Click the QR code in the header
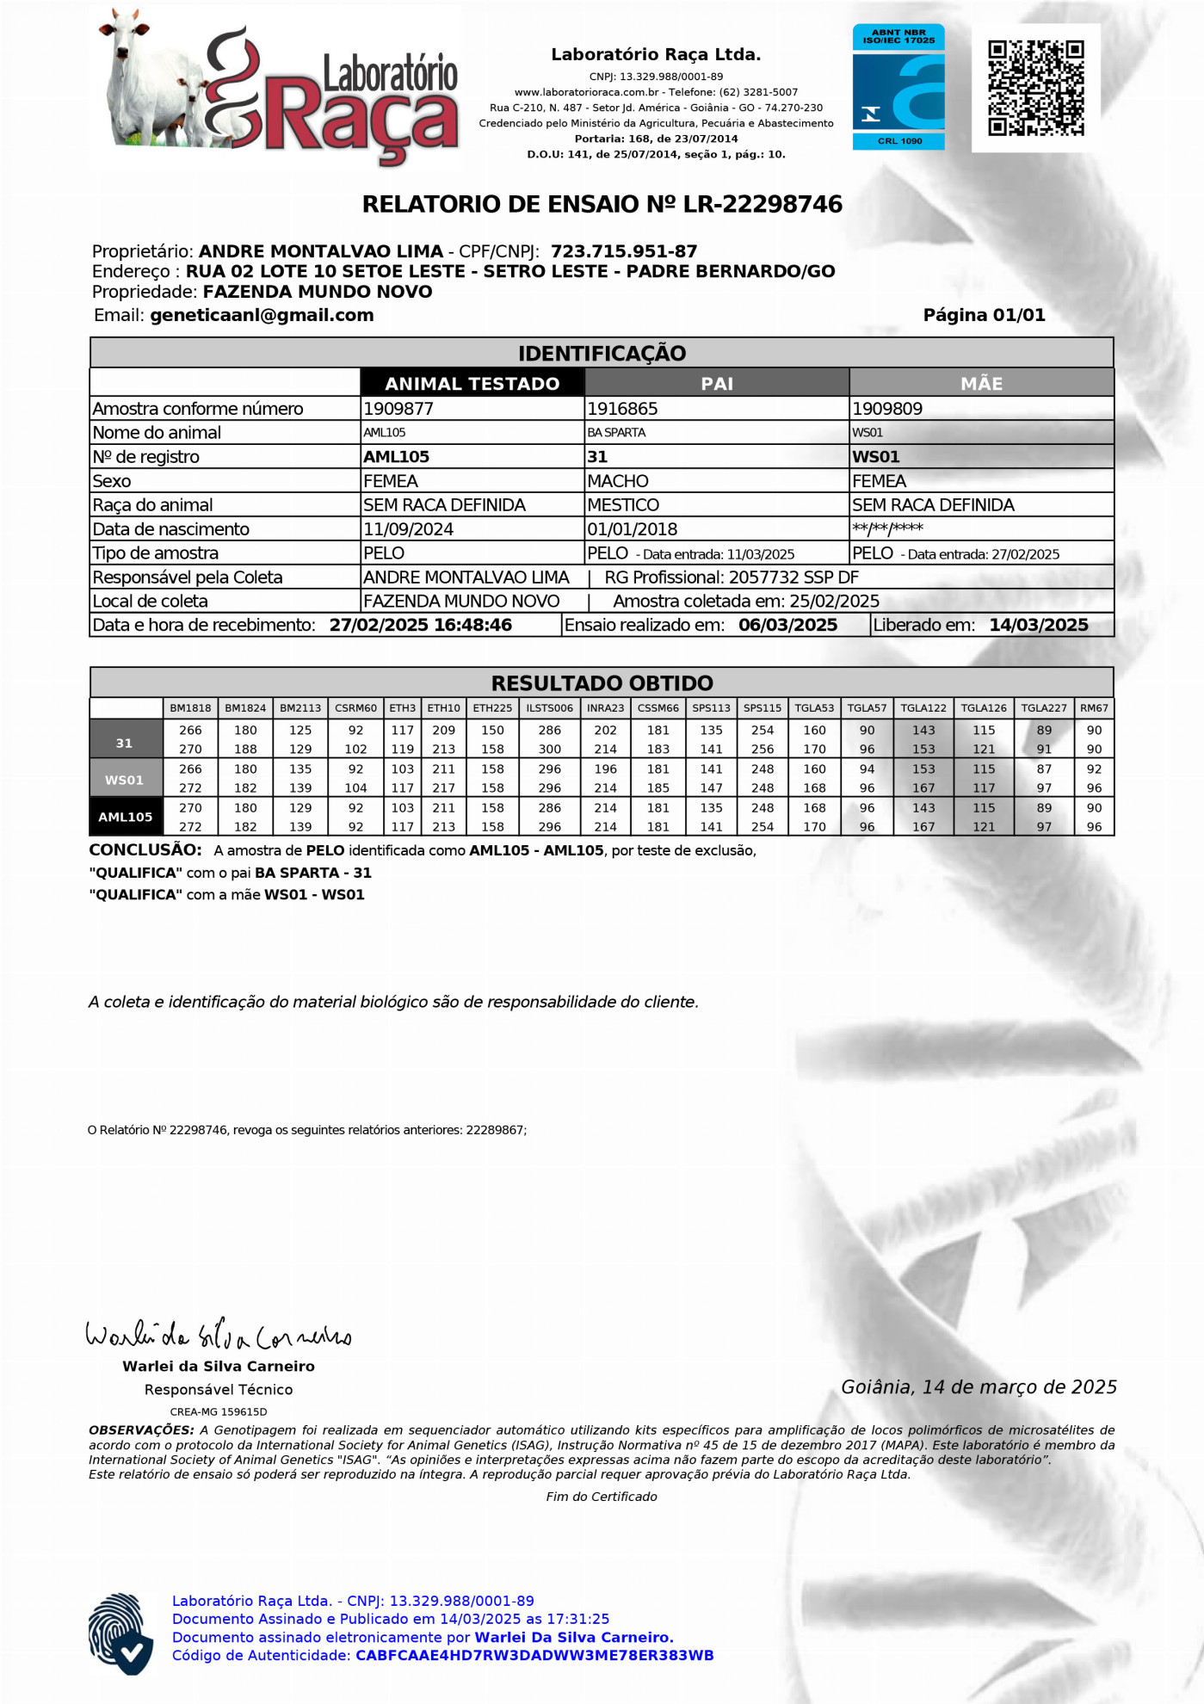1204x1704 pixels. (1035, 88)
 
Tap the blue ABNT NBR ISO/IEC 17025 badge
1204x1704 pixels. (898, 87)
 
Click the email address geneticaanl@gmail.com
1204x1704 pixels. (262, 316)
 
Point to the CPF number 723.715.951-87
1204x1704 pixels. (624, 252)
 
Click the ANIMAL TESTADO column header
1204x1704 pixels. (472, 384)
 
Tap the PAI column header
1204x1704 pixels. (716, 384)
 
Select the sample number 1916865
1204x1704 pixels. (622, 409)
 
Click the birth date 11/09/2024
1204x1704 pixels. (408, 529)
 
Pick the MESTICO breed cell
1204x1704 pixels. (623, 505)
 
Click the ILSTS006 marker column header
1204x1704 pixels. (549, 708)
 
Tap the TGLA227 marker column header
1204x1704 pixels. (1043, 708)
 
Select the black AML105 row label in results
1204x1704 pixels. (125, 817)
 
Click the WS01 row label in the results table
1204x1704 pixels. (125, 779)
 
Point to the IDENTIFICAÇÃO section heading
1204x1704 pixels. (602, 354)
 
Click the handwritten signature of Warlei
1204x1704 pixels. (219, 1336)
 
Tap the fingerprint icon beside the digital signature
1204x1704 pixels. (121, 1634)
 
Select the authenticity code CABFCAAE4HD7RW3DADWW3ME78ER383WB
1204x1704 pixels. (534, 1656)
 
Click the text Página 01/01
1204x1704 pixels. (984, 316)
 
